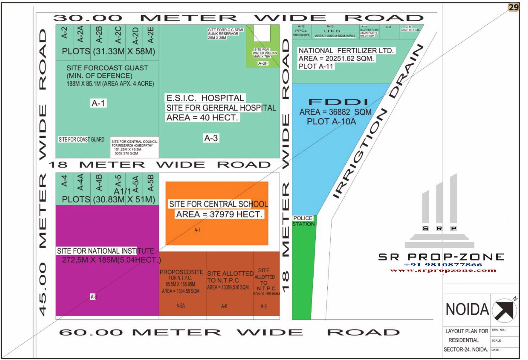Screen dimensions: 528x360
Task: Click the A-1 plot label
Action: click(98, 103)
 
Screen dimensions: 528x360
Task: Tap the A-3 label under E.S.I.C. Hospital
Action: click(211, 138)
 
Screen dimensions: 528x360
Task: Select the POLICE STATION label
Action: click(303, 221)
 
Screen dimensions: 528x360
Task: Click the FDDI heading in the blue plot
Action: click(338, 102)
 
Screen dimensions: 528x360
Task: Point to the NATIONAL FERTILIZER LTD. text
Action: click(346, 51)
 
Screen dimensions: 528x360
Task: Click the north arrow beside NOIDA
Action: click(504, 310)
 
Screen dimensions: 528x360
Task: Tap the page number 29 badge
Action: click(514, 7)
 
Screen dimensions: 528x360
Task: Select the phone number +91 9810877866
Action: click(442, 265)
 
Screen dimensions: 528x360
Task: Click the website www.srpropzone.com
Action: click(443, 270)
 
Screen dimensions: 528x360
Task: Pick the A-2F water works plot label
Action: click(263, 63)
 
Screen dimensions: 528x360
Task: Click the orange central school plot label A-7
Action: click(197, 230)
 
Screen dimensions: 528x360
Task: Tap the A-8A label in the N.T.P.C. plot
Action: click(181, 306)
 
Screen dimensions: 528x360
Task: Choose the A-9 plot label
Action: click(264, 307)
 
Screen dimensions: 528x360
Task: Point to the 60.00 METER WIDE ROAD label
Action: click(229, 332)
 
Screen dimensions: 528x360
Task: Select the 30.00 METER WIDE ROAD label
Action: click(238, 18)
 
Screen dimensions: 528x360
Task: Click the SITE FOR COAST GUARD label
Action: click(81, 139)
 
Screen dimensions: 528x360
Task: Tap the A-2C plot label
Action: click(118, 34)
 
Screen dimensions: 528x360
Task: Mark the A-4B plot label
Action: click(99, 182)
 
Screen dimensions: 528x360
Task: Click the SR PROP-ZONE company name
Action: click(441, 257)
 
